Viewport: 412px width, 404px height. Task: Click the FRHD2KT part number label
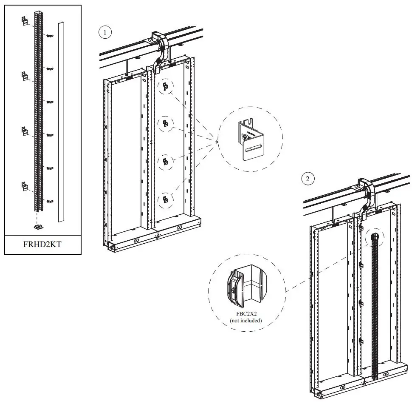(x=42, y=245)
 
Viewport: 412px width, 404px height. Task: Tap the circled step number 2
(x=308, y=179)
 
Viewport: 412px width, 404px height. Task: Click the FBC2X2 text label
(x=246, y=314)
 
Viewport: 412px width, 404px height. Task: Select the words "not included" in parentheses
(x=246, y=321)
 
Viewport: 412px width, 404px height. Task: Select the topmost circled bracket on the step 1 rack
(x=166, y=87)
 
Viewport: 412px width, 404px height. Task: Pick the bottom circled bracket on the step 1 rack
(x=166, y=199)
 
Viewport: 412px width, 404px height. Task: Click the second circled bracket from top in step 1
(x=166, y=124)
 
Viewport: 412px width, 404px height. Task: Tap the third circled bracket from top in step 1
(x=166, y=162)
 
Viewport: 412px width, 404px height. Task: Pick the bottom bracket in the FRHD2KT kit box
(x=25, y=186)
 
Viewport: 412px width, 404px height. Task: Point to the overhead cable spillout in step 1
(x=160, y=47)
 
